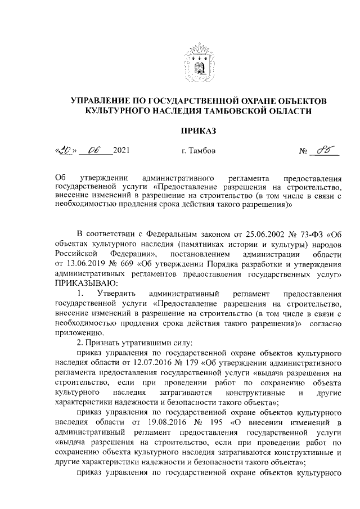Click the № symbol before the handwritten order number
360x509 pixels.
[x=304, y=151]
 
